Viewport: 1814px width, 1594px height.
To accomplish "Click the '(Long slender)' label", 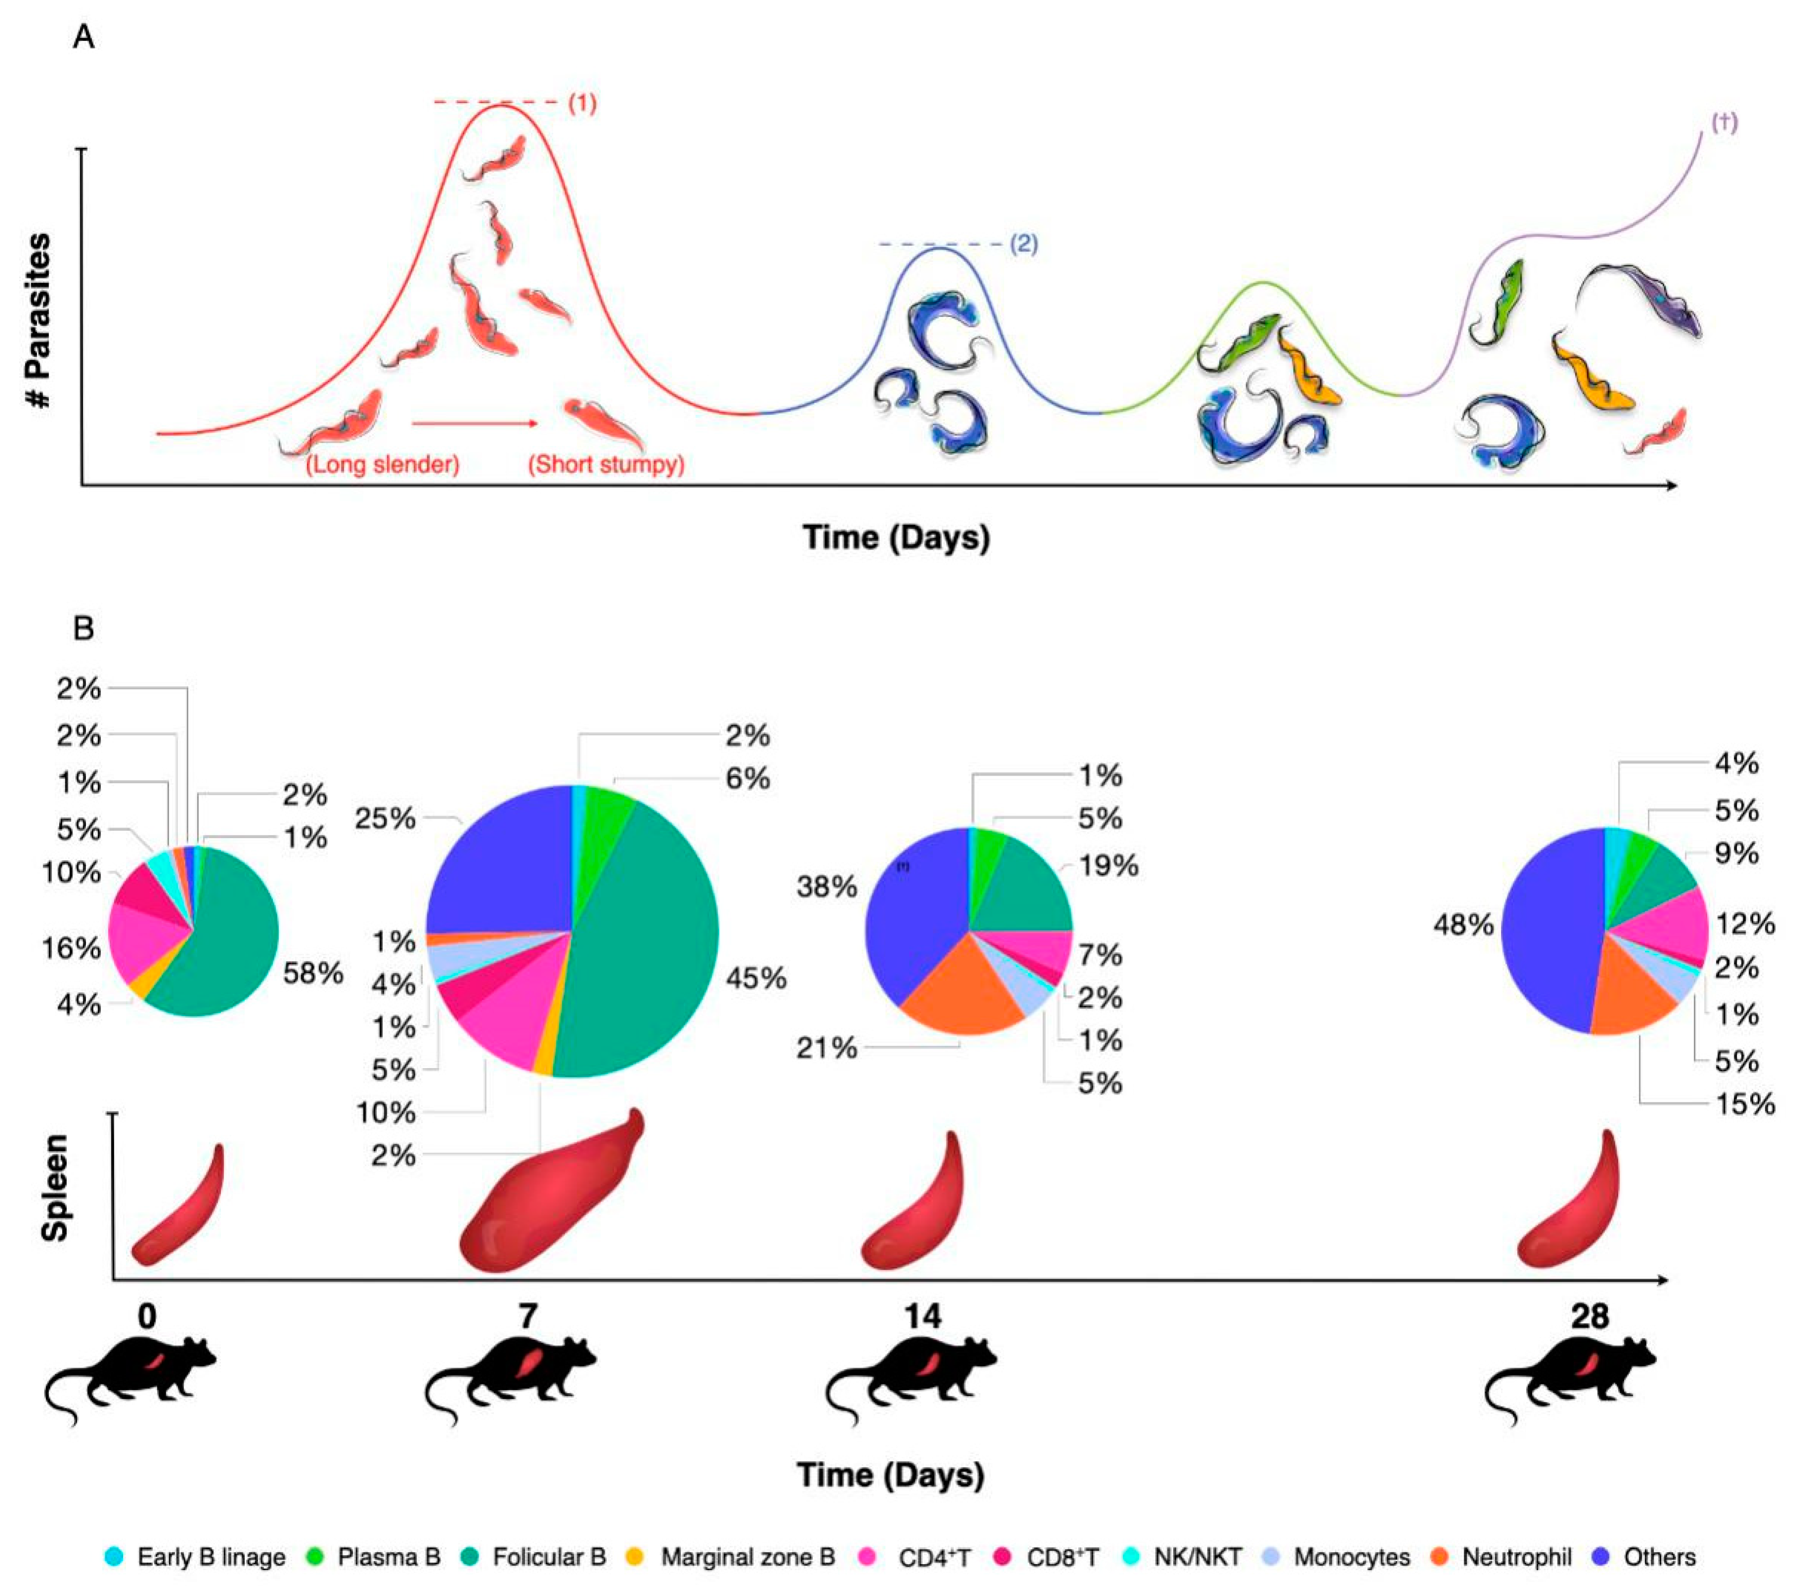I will pos(383,464).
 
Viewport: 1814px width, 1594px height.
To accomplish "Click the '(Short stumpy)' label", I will pos(606,464).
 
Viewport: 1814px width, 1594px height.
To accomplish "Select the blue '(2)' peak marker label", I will pos(1023,244).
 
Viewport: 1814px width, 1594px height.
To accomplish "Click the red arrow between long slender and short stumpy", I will pos(475,423).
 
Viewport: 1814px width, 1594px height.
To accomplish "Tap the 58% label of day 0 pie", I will pos(313,974).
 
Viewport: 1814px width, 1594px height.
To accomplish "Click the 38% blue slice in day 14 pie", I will pos(914,914).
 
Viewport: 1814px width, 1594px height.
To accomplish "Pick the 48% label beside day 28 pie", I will pos(1463,926).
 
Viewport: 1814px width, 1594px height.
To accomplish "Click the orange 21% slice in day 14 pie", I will pos(963,994).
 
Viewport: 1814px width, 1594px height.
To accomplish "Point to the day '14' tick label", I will pos(923,1315).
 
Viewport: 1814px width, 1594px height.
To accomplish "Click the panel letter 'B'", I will pos(83,628).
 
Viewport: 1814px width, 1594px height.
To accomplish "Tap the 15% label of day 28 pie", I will pos(1744,1104).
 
